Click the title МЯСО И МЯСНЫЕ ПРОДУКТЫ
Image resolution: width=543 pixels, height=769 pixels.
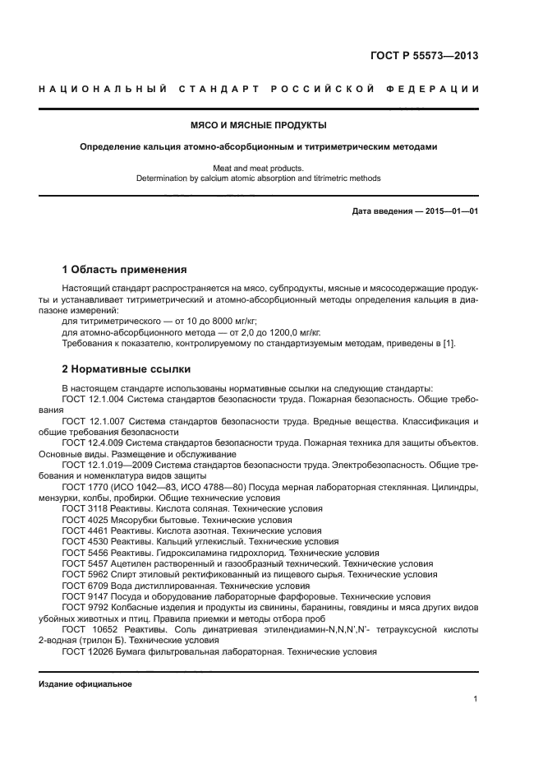pos(258,126)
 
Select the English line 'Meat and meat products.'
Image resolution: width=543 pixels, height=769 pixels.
pos(258,167)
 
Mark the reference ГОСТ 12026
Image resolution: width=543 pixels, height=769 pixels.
pos(85,651)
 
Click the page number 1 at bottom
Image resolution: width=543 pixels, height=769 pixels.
pos(476,698)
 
